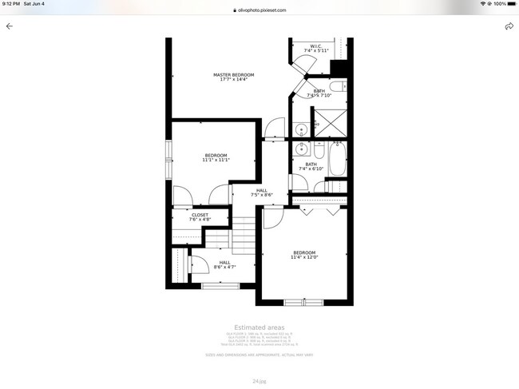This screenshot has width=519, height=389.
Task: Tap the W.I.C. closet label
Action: [311, 49]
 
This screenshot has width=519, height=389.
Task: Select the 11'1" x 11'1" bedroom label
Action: [216, 157]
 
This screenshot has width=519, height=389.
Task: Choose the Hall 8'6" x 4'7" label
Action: [224, 264]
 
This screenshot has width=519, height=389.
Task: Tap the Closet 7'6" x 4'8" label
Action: [200, 216]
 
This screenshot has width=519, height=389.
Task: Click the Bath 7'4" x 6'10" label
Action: [311, 166]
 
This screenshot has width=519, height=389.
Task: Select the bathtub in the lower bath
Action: [338, 160]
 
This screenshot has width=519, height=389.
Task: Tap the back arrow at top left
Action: [10, 26]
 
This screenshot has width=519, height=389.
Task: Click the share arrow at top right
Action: [509, 26]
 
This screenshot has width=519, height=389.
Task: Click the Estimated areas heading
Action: [259, 327]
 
